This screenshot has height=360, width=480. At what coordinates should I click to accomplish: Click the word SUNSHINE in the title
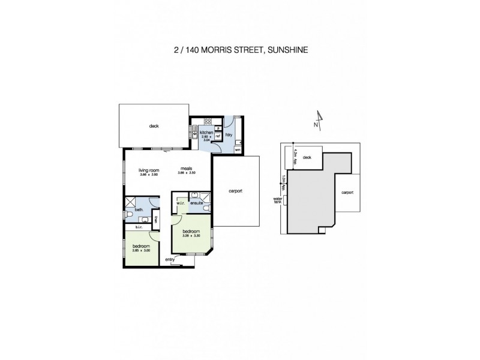287,50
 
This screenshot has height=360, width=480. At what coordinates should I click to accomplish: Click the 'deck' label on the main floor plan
154,126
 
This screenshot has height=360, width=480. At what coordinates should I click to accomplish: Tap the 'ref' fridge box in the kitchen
218,136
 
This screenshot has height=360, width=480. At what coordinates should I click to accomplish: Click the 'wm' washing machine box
238,149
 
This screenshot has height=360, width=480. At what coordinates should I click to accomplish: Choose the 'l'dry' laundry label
229,134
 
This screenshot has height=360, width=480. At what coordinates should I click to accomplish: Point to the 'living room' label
148,170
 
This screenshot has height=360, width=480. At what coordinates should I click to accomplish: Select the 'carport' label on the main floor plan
236,191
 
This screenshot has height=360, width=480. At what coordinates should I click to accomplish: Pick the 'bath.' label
139,209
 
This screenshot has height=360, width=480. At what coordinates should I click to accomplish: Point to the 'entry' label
170,259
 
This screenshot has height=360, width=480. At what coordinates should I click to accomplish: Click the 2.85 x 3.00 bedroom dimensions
142,250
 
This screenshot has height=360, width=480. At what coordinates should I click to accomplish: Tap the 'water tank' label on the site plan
278,200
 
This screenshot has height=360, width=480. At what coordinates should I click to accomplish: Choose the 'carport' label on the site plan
347,193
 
